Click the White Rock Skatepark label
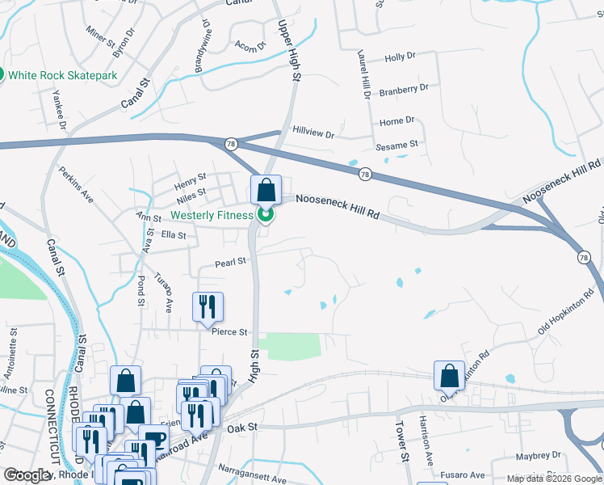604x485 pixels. pyautogui.click(x=63, y=75)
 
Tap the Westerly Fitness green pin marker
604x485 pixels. pyautogui.click(x=264, y=215)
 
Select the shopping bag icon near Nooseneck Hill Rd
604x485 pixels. pyautogui.click(x=266, y=191)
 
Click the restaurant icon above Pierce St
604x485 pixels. pyautogui.click(x=208, y=306)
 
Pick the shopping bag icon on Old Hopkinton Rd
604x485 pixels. pyautogui.click(x=449, y=376)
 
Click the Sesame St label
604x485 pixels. pyautogui.click(x=396, y=145)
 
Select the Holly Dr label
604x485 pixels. pyautogui.click(x=400, y=57)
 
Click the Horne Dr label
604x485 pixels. pyautogui.click(x=396, y=120)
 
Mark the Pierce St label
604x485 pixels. pyautogui.click(x=229, y=331)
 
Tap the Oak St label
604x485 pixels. pyautogui.click(x=241, y=427)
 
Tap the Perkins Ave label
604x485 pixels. pyautogui.click(x=77, y=185)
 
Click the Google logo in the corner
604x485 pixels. pyautogui.click(x=27, y=475)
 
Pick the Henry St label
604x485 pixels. pyautogui.click(x=191, y=176)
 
